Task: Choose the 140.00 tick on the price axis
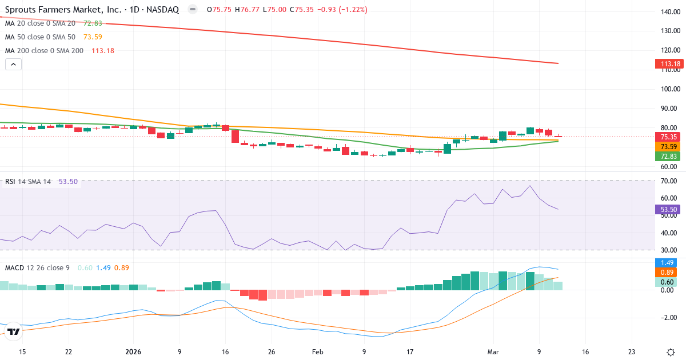669,12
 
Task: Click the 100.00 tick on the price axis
669,89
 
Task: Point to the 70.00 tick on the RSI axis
669,181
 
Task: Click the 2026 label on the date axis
133,351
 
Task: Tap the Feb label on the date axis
317,351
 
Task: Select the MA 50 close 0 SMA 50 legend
40,37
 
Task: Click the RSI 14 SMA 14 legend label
28,182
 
